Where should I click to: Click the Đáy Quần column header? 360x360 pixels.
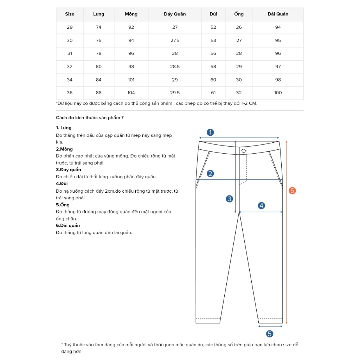pos(175,14)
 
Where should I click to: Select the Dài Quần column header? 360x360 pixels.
pos(278,14)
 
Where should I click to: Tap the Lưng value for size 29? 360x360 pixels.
pos(98,27)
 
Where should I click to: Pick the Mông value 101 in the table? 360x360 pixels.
pos(131,80)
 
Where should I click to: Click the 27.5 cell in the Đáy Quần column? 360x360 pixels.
pos(175,40)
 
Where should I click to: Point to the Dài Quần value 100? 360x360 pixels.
pos(278,93)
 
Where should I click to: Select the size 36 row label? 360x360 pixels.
pos(70,93)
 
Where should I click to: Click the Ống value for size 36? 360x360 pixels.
pos(239,93)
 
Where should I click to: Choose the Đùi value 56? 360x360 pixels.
pos(213,53)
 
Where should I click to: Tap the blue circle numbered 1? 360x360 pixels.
pos(210,132)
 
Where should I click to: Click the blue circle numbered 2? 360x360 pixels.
pos(210,173)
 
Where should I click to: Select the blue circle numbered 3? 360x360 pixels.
pos(229,199)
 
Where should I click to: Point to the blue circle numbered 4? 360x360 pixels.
pos(261,206)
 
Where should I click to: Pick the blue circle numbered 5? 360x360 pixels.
pos(270,334)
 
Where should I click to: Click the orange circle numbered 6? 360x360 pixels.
pos(292,191)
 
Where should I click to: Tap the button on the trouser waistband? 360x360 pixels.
pos(243,151)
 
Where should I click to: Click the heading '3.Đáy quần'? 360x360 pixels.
pos(69,170)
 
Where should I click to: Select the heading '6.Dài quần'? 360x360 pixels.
pos(68,225)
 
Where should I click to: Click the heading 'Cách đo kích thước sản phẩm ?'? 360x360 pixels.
pos(90,118)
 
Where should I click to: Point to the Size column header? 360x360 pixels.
pos(70,14)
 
